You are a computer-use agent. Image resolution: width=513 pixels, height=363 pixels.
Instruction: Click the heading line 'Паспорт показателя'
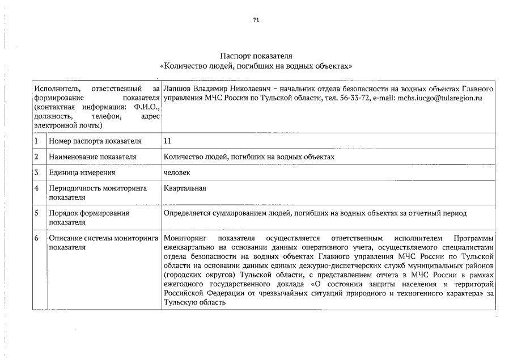coord(256,56)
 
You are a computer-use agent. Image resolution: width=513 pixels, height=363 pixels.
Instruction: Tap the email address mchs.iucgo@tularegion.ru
coord(439,98)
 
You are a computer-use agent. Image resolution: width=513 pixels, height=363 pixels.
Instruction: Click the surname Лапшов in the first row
coord(176,89)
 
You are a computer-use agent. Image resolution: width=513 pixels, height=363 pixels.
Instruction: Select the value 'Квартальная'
coord(184,188)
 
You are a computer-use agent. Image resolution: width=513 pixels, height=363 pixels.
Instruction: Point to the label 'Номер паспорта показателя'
coord(94,141)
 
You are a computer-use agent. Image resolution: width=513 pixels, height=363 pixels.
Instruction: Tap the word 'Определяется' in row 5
coord(186,213)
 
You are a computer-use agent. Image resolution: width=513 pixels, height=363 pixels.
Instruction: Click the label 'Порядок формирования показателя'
coord(89,218)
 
